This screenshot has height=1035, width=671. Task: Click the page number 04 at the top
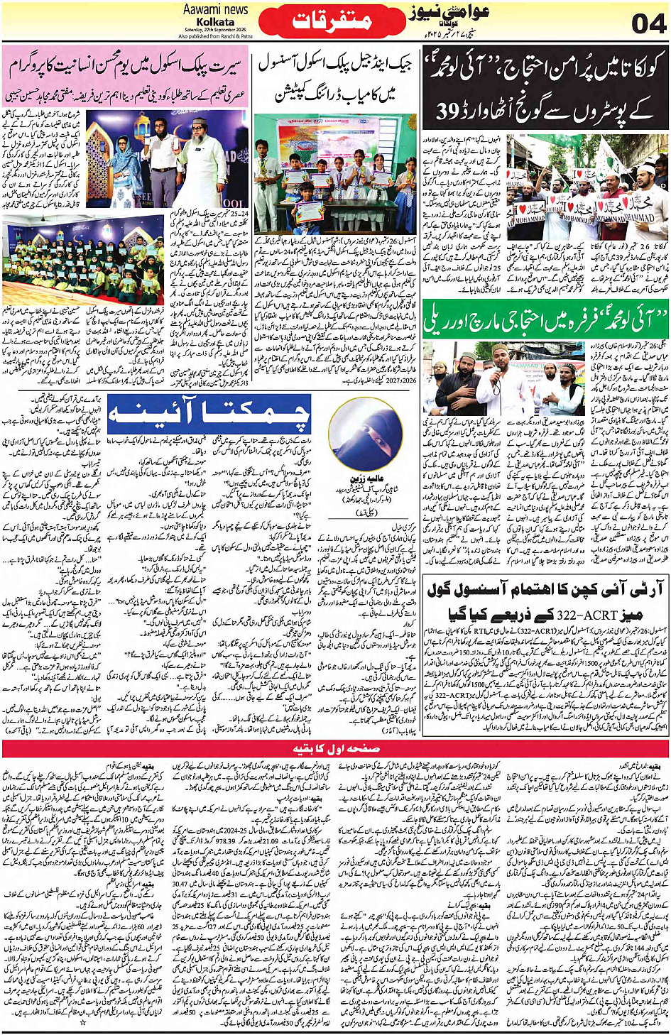click(648, 23)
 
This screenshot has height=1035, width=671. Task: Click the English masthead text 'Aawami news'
click(215, 9)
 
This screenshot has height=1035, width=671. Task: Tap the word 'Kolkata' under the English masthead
click(215, 22)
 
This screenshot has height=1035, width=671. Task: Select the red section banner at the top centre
click(332, 21)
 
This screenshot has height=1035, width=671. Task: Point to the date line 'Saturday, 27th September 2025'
click(215, 30)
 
